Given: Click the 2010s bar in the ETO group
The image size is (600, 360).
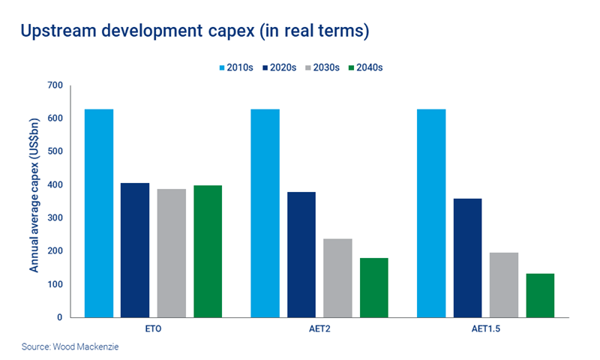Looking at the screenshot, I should pyautogui.click(x=98, y=214).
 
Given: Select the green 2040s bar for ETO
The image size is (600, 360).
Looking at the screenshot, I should pyautogui.click(x=208, y=251).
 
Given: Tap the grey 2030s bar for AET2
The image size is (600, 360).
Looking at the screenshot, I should pyautogui.click(x=337, y=278).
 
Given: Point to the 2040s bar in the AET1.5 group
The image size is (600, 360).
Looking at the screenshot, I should pyautogui.click(x=540, y=295).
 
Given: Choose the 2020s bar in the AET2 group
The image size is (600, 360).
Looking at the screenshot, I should pyautogui.click(x=301, y=255).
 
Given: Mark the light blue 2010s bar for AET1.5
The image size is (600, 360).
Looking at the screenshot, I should pyautogui.click(x=430, y=214).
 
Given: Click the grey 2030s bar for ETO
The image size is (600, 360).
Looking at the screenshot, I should pyautogui.click(x=172, y=253).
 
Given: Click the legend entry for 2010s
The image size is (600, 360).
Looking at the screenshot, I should pyautogui.click(x=235, y=67).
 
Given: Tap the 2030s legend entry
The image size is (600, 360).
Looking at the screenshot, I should pyautogui.click(x=322, y=67).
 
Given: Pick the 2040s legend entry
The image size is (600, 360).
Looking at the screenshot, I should pyautogui.click(x=367, y=67).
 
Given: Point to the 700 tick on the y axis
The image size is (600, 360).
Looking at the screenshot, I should pyautogui.click(x=55, y=85).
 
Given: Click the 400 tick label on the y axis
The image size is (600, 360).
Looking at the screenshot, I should pyautogui.click(x=55, y=185).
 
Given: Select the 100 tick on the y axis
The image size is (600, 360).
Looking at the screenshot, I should pyautogui.click(x=55, y=285).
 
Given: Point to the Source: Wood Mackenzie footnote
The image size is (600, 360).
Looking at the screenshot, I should pyautogui.click(x=64, y=347).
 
